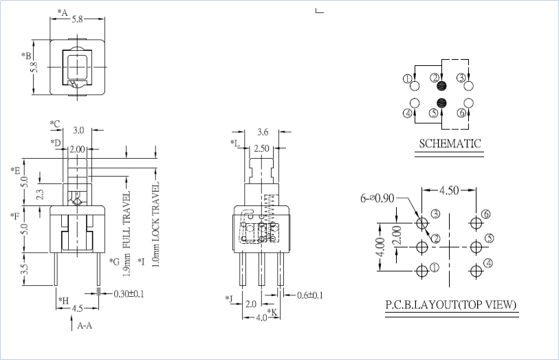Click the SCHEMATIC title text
coord(450,144)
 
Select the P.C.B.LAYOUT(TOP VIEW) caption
coord(451,305)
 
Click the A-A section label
coord(85,326)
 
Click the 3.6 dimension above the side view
coord(262,132)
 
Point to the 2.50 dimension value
coord(262,148)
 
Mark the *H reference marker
coord(63,300)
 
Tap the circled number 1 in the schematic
coord(407,80)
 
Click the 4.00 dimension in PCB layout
coord(378,247)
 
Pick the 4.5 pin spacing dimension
coord(78,308)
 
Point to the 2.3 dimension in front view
coord(40,194)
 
